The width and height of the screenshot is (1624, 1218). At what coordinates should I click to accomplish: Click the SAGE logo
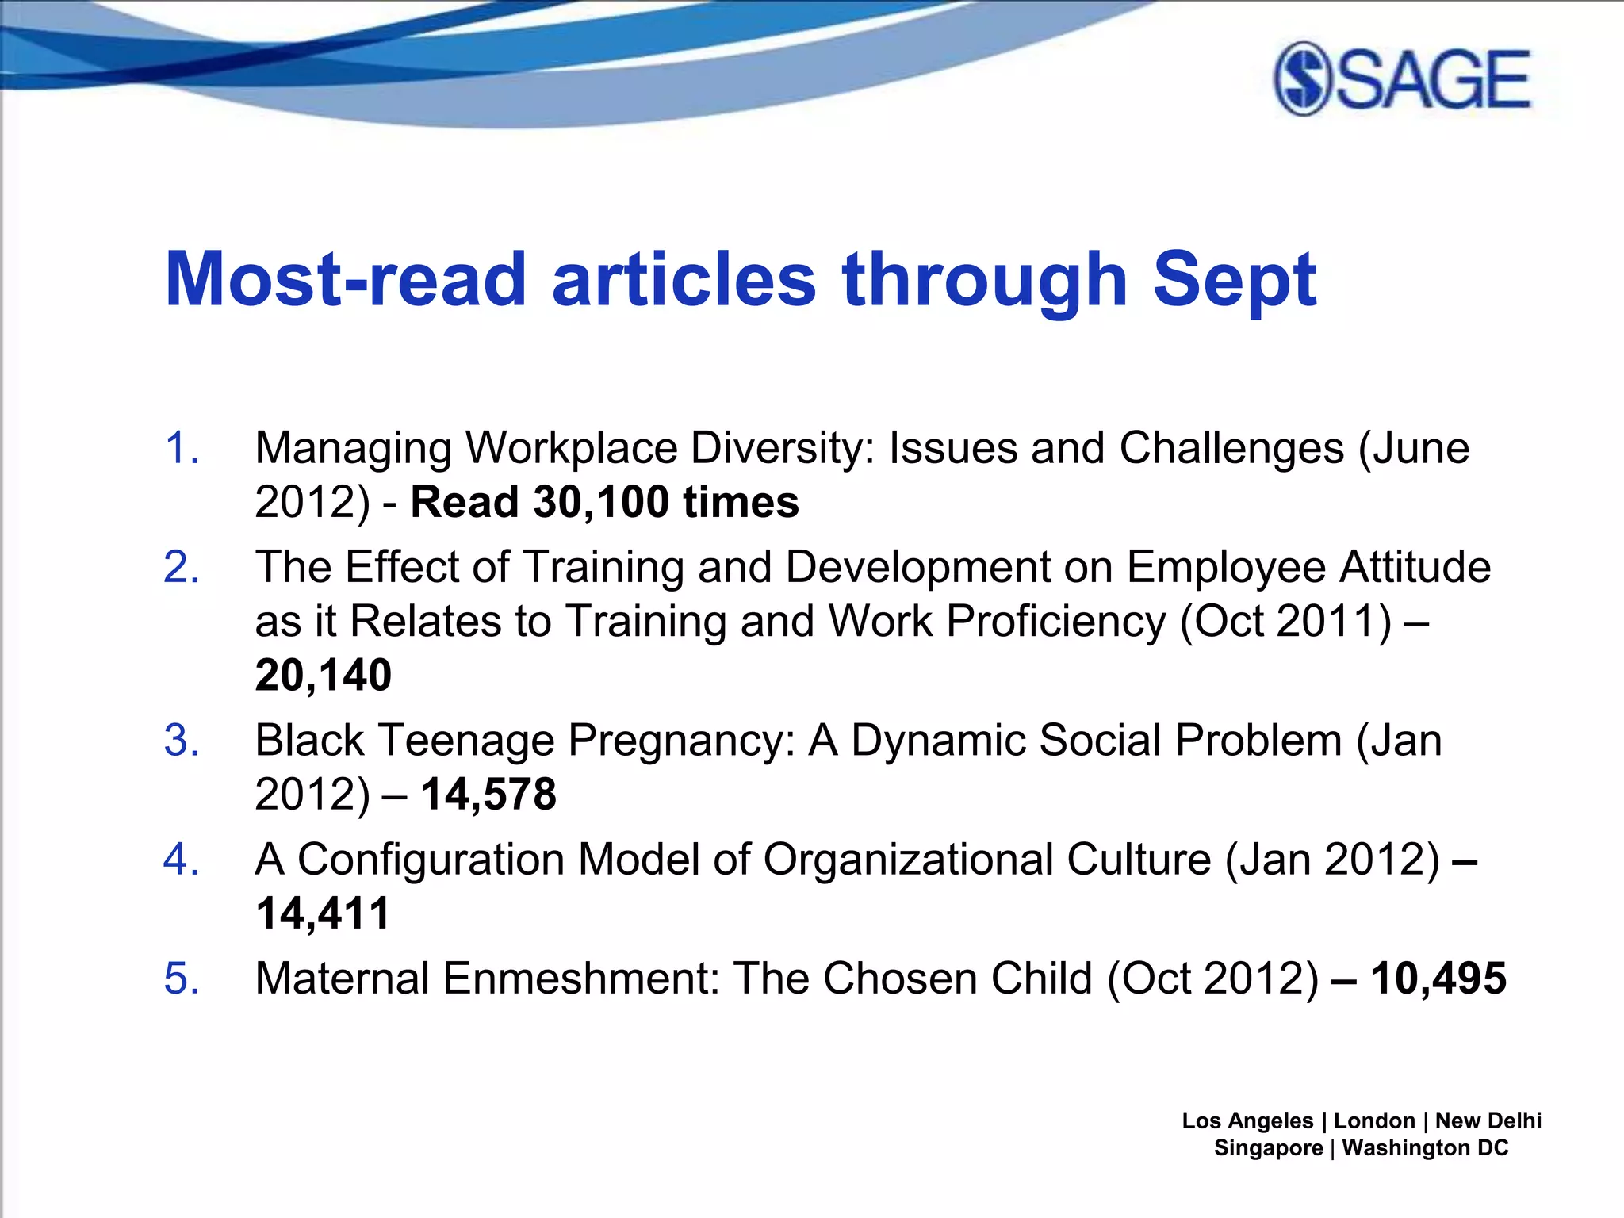tap(1402, 79)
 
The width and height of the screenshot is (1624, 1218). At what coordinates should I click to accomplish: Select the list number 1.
tap(182, 447)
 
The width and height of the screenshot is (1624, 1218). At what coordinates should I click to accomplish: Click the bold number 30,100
tap(601, 502)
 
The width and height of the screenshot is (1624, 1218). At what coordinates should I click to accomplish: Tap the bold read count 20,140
tap(324, 675)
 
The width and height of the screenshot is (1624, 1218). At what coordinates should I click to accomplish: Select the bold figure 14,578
tap(488, 794)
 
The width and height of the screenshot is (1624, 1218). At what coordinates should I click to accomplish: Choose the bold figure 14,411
tap(324, 913)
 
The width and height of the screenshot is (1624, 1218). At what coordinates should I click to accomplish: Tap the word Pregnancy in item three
tap(682, 741)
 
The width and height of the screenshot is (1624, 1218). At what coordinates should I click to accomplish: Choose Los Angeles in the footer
tap(1247, 1120)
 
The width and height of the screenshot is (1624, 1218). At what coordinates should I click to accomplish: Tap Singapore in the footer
tap(1268, 1147)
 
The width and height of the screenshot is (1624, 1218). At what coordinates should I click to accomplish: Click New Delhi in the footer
tap(1488, 1120)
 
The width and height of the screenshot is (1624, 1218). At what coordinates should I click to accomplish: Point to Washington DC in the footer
tap(1425, 1147)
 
